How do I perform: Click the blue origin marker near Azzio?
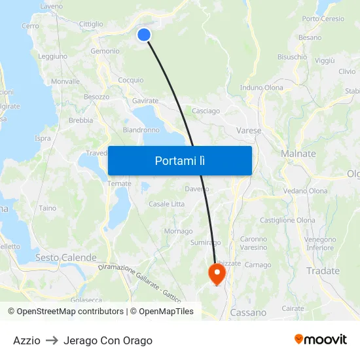point(144,35)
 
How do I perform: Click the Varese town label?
point(249,131)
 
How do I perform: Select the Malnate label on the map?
point(298,154)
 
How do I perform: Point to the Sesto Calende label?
point(65,258)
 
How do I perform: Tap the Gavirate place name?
point(145,101)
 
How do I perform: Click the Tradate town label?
point(323,271)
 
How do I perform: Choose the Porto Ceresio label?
point(323,19)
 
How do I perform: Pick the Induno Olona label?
point(262,88)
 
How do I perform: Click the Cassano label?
point(248,313)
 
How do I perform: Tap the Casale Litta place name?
point(167,204)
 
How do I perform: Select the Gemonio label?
point(105,51)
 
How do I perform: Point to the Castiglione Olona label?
point(287,221)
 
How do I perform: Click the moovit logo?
point(320,340)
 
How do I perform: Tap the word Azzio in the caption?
point(27,340)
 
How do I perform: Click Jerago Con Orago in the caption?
point(108,340)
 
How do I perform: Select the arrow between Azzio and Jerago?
point(52,340)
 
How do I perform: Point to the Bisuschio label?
point(292,57)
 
